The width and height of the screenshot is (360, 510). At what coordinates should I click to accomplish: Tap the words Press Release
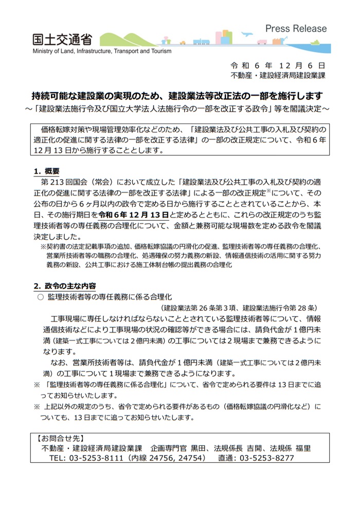296,29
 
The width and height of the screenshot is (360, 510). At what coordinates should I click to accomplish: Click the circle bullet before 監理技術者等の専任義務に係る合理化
41,297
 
